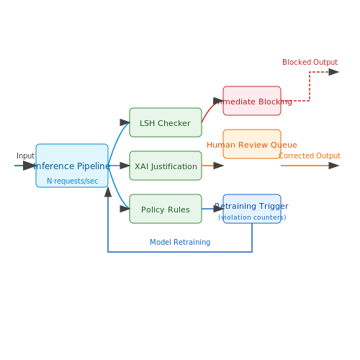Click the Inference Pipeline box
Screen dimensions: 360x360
[72, 166]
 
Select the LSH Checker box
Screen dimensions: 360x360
[166, 122]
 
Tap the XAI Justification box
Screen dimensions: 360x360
[166, 166]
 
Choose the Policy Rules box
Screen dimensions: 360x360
[166, 209]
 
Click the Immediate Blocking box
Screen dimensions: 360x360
[252, 101]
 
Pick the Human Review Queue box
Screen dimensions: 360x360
[252, 144]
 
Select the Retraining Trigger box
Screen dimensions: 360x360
[252, 209]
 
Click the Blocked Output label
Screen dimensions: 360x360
[310, 62]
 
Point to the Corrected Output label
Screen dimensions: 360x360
[310, 156]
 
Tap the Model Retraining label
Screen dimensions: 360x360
[180, 242]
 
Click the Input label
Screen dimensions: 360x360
[25, 156]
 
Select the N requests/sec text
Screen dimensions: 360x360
[73, 181]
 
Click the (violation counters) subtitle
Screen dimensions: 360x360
[252, 217]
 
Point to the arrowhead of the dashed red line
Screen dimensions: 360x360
[334, 72]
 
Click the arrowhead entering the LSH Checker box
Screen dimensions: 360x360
[125, 122]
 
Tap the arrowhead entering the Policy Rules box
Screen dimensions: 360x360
[125, 209]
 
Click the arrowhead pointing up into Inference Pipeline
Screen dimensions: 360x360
[108, 192]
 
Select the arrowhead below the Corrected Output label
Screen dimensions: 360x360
[334, 166]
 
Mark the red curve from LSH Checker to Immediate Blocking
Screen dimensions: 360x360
[210, 109]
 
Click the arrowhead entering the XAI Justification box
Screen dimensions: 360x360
[125, 166]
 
